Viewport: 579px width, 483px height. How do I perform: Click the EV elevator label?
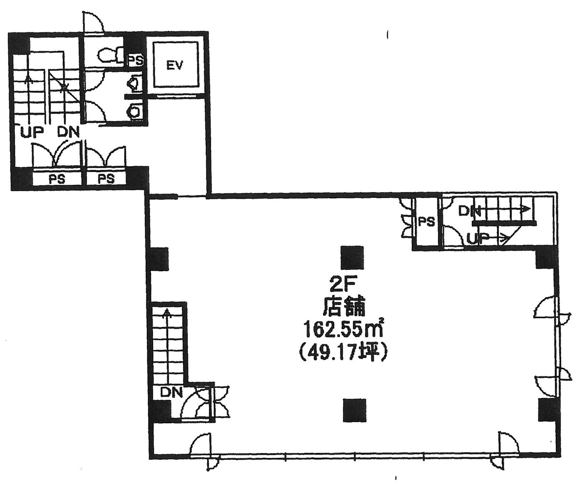175,66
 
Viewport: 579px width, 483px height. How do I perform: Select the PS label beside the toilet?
135,60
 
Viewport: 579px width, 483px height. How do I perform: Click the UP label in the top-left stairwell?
32,132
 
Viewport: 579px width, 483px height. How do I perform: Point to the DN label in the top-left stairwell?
68,132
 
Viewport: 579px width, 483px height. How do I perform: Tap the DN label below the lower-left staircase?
171,392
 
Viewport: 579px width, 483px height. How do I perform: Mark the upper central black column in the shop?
352,257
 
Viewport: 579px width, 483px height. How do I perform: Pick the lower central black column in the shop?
354,410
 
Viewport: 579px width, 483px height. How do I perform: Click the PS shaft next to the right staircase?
426,222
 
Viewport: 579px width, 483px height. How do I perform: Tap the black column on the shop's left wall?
159,259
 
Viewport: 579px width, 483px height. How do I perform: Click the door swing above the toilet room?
93,23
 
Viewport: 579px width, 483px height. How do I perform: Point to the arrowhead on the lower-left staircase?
168,314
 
